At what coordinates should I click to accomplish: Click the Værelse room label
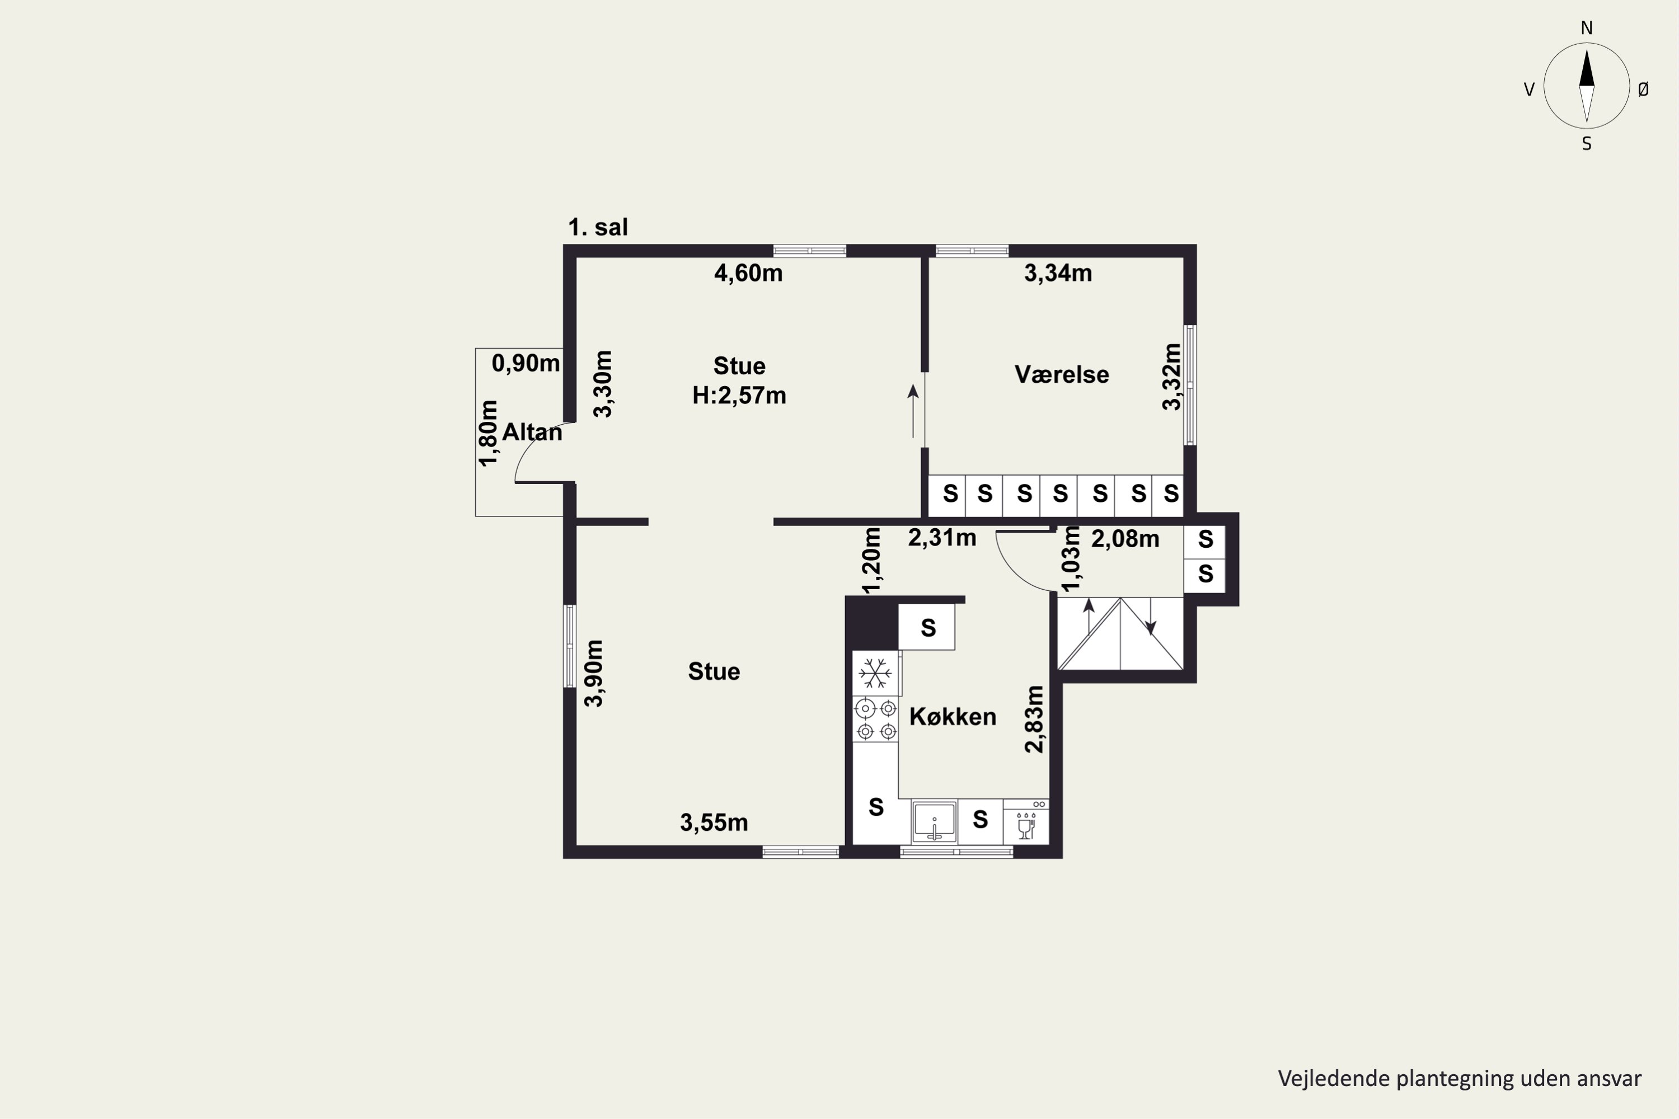tap(1062, 375)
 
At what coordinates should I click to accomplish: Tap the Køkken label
tap(953, 717)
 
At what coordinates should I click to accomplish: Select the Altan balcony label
tap(532, 432)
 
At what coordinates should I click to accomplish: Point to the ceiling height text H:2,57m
tap(739, 396)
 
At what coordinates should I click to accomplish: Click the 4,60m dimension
tap(748, 274)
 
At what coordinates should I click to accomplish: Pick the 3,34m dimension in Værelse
tap(1058, 274)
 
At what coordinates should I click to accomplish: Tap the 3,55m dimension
tap(714, 823)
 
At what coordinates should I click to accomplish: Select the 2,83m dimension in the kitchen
tap(1034, 720)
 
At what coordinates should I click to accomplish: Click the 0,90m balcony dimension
tap(526, 363)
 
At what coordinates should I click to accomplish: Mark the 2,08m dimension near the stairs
tap(1125, 539)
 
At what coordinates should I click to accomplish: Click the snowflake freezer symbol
tap(875, 673)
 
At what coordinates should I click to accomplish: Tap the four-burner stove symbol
tap(876, 720)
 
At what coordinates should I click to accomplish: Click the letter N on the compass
tap(1587, 29)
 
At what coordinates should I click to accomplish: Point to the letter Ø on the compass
tap(1643, 89)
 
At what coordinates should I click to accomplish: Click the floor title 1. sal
tap(598, 228)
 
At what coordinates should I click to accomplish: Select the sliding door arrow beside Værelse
tap(913, 411)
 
